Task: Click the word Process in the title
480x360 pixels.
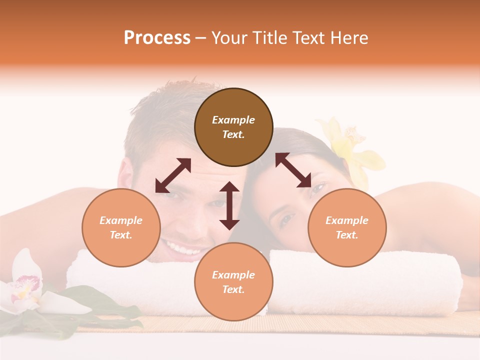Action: click(x=157, y=38)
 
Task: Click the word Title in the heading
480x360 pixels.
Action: click(x=268, y=38)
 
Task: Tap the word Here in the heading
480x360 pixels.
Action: click(x=348, y=38)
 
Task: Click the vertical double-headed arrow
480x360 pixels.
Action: click(x=229, y=205)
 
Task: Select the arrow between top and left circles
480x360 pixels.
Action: click(x=173, y=175)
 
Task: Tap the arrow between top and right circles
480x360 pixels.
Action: click(x=293, y=170)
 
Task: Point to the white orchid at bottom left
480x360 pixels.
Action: click(x=25, y=287)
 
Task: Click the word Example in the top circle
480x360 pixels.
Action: click(x=233, y=120)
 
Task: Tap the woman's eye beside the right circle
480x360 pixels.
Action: click(x=286, y=219)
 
